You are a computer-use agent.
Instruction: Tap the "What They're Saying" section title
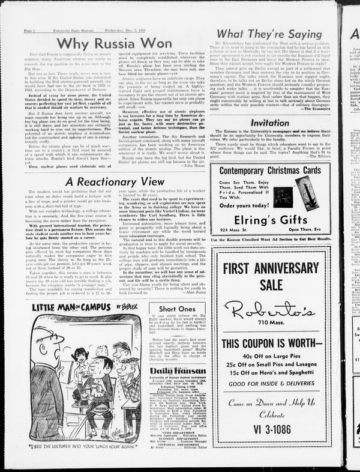coord(268,34)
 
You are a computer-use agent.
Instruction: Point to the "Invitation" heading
coord(269,123)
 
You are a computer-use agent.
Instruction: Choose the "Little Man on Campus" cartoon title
coord(84,308)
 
